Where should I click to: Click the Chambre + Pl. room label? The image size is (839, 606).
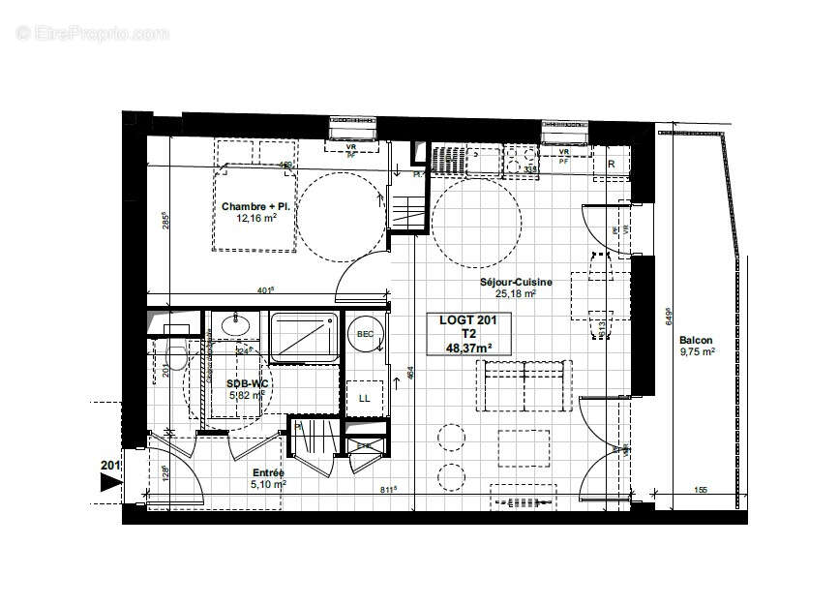[255, 206]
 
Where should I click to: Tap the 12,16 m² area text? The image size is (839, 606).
[256, 219]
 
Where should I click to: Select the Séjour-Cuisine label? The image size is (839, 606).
[516, 283]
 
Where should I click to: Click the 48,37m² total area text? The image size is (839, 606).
[468, 348]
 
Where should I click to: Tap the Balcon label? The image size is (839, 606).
[696, 340]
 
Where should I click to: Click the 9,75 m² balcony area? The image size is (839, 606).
[696, 352]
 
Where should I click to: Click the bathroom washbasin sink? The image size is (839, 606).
[233, 324]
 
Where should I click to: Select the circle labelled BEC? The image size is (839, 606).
[366, 334]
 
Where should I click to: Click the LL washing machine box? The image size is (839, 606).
[365, 398]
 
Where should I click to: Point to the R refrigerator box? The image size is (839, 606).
[611, 164]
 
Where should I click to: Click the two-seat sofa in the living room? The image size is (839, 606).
[523, 382]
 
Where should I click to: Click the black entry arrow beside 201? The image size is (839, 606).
[111, 482]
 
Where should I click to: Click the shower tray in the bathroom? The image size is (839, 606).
[303, 336]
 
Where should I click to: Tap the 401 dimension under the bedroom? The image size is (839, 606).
[263, 288]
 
